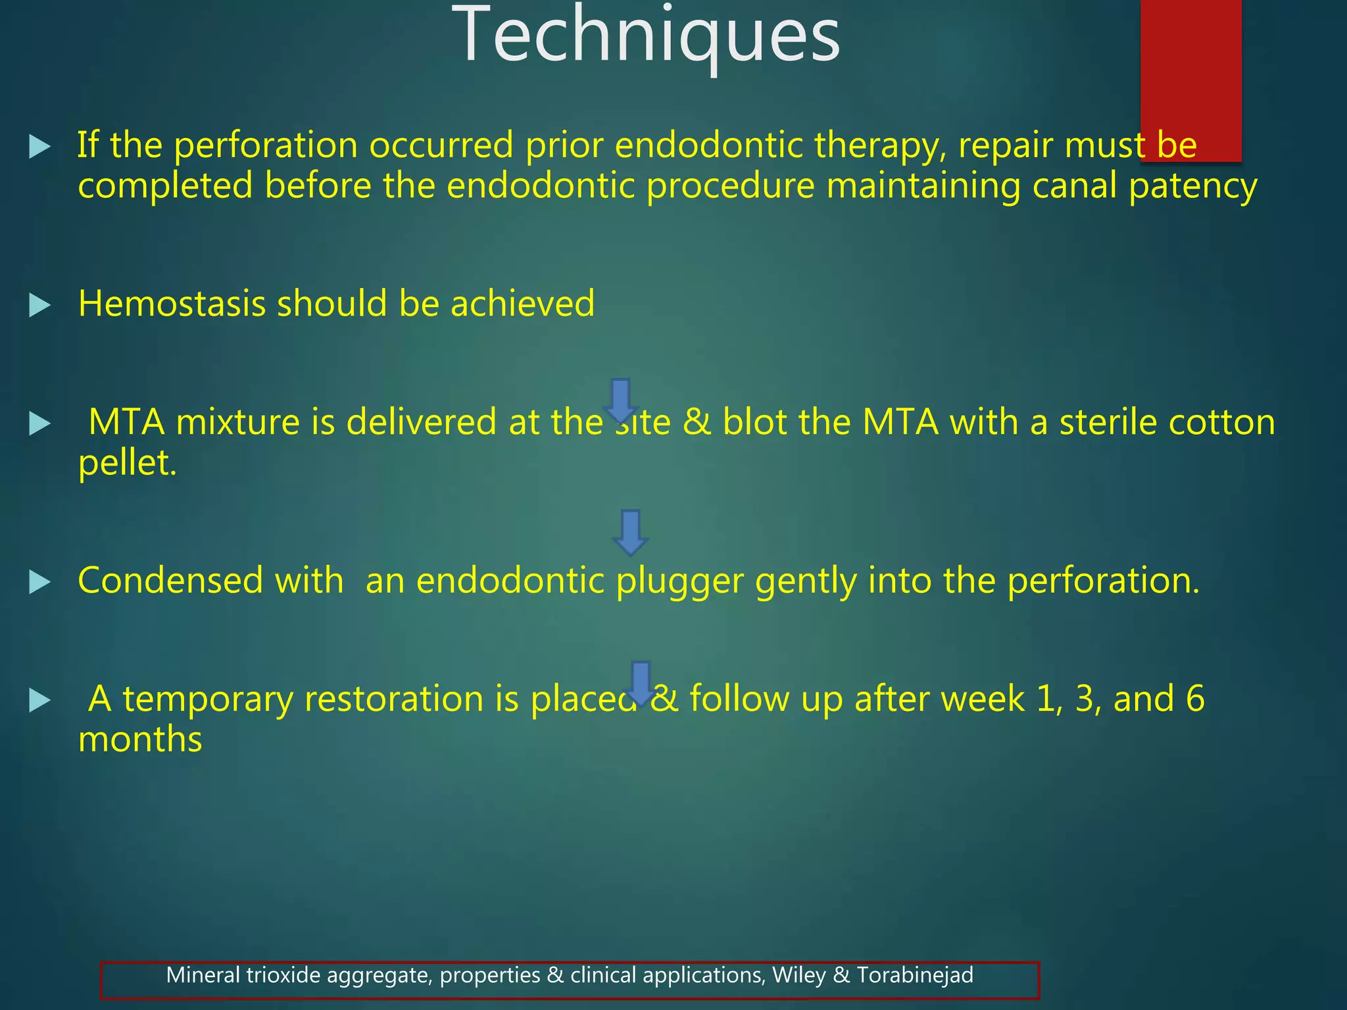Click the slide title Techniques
[646, 36]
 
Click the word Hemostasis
[171, 304]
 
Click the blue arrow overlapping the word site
[620, 400]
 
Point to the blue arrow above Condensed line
[630, 531]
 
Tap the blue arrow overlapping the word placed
[640, 683]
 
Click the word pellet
[127, 464]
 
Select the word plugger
[680, 582]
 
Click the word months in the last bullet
[140, 740]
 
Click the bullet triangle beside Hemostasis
[40, 305]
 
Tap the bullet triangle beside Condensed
[40, 582]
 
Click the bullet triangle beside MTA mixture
[40, 423]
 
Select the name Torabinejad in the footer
[914, 974]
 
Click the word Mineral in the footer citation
[203, 974]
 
